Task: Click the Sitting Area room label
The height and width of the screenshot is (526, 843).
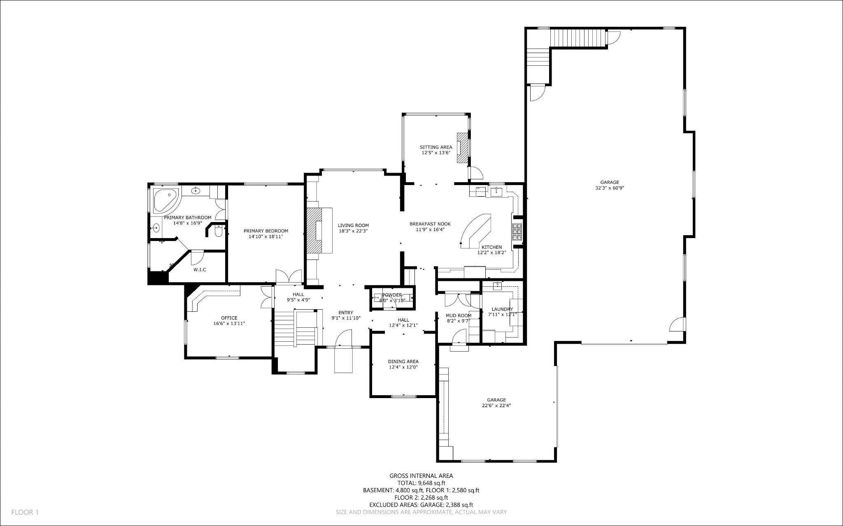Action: [x=435, y=147]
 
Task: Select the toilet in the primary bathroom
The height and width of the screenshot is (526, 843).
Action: [x=219, y=232]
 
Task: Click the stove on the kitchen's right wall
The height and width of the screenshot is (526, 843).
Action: [x=517, y=232]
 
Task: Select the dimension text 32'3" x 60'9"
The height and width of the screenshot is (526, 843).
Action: [x=609, y=188]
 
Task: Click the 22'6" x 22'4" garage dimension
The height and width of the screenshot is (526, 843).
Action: [x=496, y=406]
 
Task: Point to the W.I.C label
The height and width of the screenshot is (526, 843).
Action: [x=200, y=270]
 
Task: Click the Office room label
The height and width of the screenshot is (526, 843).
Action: [x=229, y=318]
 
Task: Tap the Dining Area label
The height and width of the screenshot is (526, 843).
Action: [x=403, y=361]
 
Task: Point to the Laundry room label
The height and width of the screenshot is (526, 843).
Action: [x=502, y=309]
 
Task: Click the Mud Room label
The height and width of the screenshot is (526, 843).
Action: [x=459, y=315]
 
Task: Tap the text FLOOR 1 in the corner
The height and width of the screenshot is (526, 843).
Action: [x=25, y=512]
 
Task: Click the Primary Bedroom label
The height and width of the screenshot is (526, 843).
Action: [x=265, y=231]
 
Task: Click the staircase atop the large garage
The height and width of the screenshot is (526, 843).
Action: [x=578, y=38]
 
